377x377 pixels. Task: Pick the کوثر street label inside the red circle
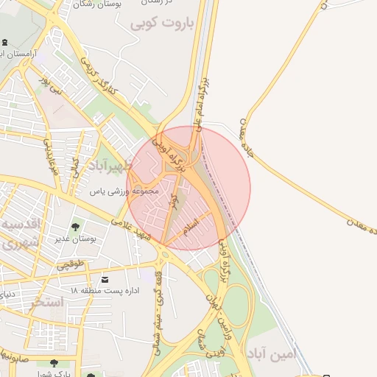[175, 203]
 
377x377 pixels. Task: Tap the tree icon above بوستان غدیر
[75, 227]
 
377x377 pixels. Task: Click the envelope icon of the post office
[105, 280]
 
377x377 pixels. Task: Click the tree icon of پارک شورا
[54, 362]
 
